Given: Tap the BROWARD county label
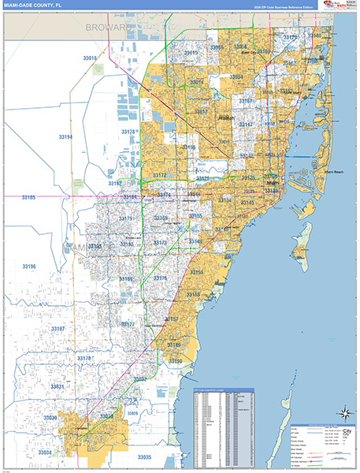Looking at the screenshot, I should click(x=107, y=28).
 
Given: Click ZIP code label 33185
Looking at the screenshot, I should click(x=28, y=197).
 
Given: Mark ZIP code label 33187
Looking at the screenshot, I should click(x=58, y=328).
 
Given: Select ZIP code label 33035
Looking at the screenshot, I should click(x=143, y=456).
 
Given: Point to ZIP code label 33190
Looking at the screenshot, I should click(x=175, y=361).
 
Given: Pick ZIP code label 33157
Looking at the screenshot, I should click(x=171, y=319).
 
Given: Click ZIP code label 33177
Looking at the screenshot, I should click(x=128, y=324).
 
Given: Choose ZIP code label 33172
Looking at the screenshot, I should click(x=159, y=175).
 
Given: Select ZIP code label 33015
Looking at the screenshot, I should click(x=191, y=53).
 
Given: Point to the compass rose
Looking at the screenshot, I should click(x=343, y=412).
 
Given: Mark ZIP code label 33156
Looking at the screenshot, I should click(x=196, y=272).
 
